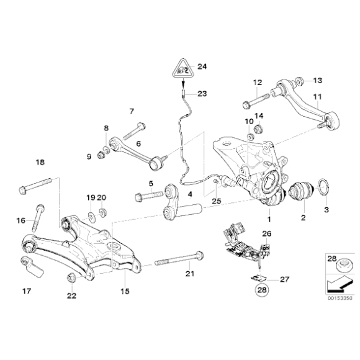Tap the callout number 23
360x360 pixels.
(x=202, y=94)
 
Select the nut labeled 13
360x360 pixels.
(x=299, y=80)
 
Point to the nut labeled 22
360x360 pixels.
(x=71, y=278)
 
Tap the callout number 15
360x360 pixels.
(x=125, y=290)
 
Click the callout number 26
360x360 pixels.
(x=267, y=234)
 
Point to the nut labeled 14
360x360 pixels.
(x=259, y=128)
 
